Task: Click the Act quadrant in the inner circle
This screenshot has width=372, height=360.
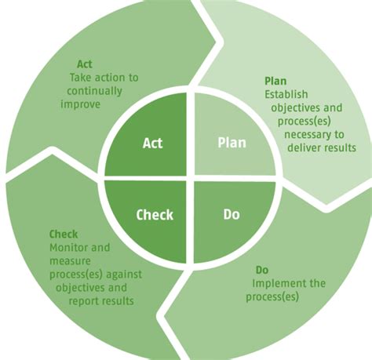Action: pos(152,143)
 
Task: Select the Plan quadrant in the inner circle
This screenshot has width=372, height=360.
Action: pos(231,143)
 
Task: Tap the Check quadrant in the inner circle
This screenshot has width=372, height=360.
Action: pos(155,213)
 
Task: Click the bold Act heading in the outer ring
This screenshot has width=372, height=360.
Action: pos(85,64)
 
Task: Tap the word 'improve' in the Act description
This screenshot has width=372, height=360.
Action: pos(80,104)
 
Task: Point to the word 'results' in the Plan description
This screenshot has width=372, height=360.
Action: pos(338,147)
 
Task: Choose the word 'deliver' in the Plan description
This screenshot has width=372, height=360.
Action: pos(302,147)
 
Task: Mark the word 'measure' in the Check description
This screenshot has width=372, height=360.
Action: pos(68,260)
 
